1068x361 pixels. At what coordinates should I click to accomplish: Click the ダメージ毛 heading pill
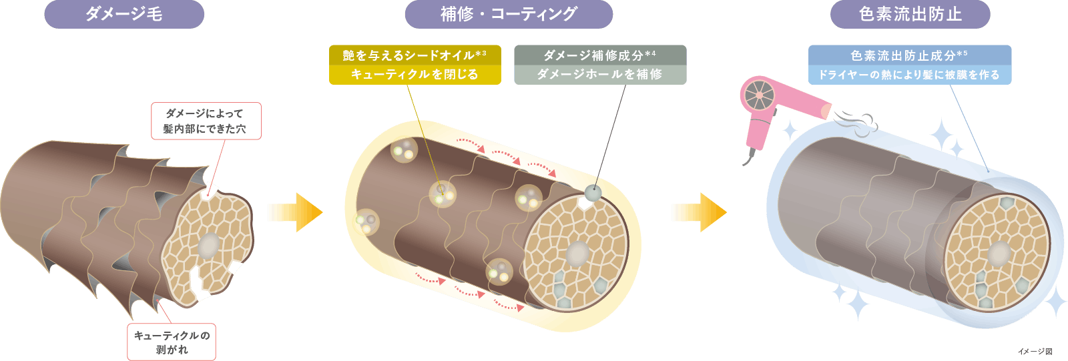(x=124, y=14)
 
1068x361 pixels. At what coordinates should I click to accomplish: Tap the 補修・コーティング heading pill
(x=509, y=14)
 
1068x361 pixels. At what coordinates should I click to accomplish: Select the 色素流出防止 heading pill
(x=910, y=14)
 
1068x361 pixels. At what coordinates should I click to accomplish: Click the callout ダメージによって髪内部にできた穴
(x=206, y=121)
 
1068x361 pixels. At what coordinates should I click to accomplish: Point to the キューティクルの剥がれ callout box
(x=172, y=342)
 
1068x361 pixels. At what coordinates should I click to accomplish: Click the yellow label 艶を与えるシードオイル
(x=415, y=55)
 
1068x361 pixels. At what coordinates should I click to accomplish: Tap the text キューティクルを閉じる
(x=415, y=74)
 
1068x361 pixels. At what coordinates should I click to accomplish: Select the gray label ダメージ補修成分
(x=600, y=55)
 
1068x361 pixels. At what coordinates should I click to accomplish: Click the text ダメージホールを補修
(x=600, y=74)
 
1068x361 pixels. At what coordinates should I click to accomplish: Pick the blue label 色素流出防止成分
(x=910, y=55)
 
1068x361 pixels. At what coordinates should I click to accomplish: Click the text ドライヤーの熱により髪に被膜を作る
(x=910, y=75)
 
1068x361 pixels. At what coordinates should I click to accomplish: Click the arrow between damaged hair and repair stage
(x=296, y=212)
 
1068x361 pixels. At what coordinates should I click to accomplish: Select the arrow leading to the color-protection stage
(x=700, y=212)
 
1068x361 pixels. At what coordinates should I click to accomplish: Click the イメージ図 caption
(x=1035, y=352)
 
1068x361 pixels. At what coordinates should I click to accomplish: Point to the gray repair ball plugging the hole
(x=593, y=193)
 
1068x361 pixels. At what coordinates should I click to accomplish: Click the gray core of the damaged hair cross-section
(x=208, y=246)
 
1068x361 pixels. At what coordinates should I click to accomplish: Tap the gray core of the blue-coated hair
(x=999, y=254)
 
